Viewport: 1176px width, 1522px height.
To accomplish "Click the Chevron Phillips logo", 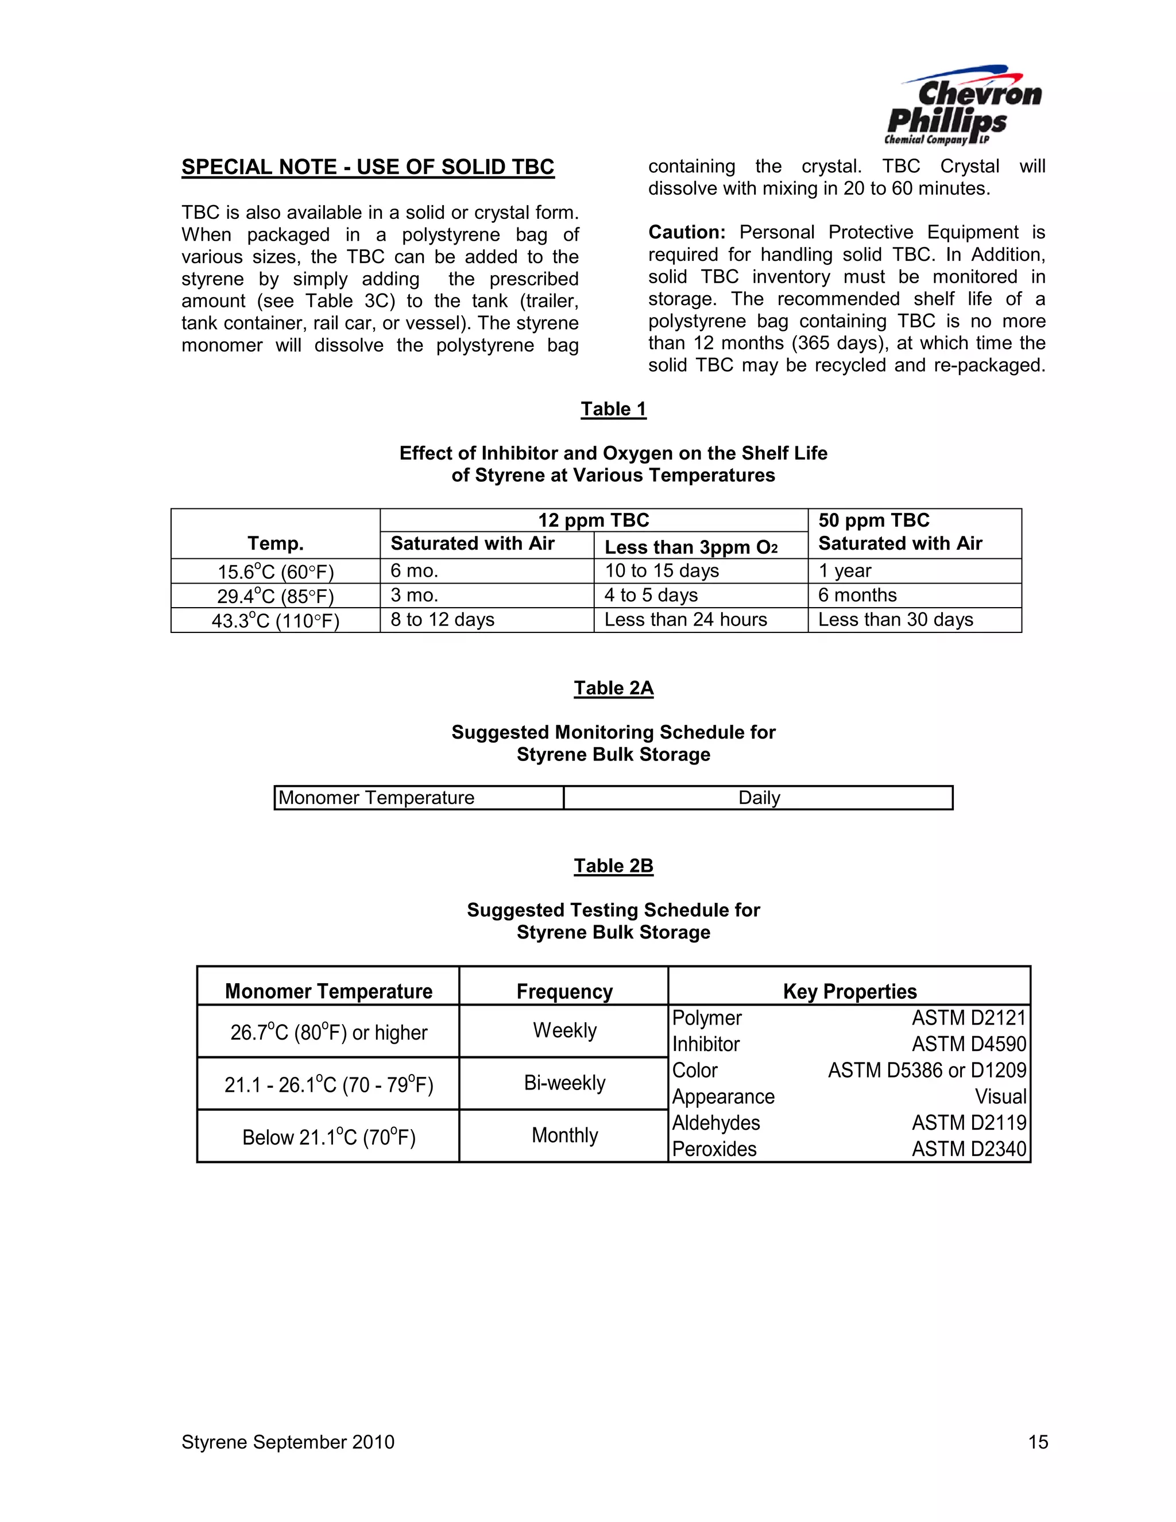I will pos(963,106).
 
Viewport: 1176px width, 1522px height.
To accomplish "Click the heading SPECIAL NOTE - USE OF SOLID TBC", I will pos(368,167).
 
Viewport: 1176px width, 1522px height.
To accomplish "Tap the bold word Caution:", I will pos(687,232).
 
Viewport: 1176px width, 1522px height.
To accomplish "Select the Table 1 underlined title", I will pos(613,409).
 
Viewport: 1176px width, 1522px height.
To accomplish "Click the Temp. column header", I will pos(276,543).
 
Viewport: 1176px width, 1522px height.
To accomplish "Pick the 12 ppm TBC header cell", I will pos(594,520).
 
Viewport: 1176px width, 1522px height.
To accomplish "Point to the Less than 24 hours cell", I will pos(686,620).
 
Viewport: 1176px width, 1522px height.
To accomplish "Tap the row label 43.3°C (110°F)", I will pos(276,620).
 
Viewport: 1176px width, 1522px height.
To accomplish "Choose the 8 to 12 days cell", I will pos(442,620).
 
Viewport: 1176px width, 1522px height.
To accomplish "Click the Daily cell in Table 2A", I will pos(759,798).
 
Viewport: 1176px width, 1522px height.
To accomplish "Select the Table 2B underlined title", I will pos(613,866).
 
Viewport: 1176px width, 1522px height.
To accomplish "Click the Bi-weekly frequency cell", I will pos(564,1083).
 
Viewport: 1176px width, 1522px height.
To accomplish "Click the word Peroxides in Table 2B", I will pos(714,1149).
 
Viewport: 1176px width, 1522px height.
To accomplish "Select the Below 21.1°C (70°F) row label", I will pos(329,1137).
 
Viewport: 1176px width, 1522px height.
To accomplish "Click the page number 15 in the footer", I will pos(1038,1443).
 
